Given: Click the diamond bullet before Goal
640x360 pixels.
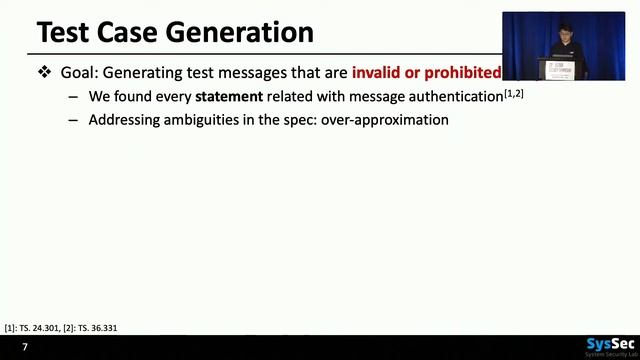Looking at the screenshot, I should (x=44, y=72).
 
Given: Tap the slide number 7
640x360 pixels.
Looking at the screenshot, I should (x=25, y=347).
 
